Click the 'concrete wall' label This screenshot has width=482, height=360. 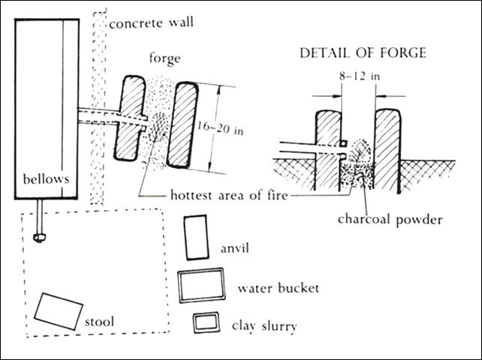(x=151, y=22)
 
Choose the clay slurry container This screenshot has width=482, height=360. (x=206, y=323)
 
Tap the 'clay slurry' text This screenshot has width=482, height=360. (x=265, y=325)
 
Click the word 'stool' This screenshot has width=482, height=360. (x=99, y=322)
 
